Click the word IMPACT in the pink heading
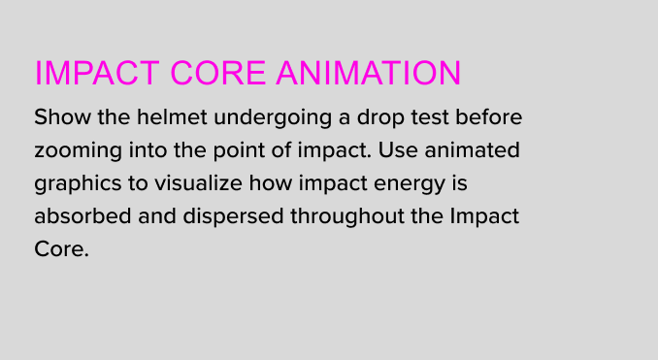(97, 73)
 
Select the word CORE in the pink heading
(217, 73)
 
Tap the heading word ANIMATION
(369, 73)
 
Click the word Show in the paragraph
(62, 116)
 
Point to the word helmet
(172, 116)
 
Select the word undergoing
(273, 118)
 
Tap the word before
(489, 116)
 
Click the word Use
(398, 150)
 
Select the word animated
(472, 149)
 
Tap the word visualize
(198, 183)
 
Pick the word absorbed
(82, 216)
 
